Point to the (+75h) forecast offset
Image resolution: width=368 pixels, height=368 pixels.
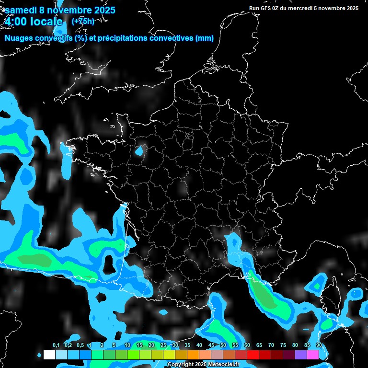pyautogui.click(x=83, y=21)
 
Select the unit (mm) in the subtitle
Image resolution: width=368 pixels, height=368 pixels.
pyautogui.click(x=204, y=38)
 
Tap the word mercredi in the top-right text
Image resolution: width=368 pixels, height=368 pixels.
pyautogui.click(x=302, y=8)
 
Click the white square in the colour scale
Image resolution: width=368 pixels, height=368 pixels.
pyautogui.click(x=49, y=355)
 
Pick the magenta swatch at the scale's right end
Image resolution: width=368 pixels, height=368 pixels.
pyautogui.click(x=313, y=355)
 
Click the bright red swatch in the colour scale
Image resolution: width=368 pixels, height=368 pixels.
pyautogui.click(x=253, y=355)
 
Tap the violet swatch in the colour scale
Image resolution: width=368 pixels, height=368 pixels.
pyautogui.click(x=301, y=355)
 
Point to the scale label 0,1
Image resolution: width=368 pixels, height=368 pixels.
pyautogui.click(x=56, y=345)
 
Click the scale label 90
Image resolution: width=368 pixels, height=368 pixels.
pyautogui.click(x=319, y=345)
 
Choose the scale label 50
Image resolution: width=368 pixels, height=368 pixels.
pyautogui.click(x=223, y=345)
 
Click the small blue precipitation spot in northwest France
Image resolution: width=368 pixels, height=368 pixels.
pyautogui.click(x=139, y=151)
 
